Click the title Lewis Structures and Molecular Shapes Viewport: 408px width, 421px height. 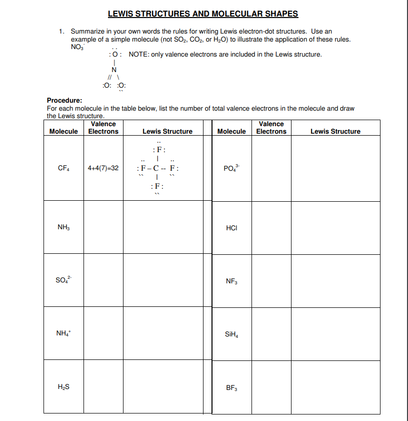[203, 14]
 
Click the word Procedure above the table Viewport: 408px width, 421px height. [64, 100]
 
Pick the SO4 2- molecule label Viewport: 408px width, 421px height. [64, 281]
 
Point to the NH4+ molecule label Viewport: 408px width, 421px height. [64, 334]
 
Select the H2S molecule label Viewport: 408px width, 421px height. [63, 387]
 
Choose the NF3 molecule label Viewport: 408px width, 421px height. [231, 281]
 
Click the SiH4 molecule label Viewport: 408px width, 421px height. [231, 334]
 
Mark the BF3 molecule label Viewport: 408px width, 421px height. [231, 387]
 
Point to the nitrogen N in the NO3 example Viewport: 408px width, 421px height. [114, 70]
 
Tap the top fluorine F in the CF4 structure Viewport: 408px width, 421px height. [158, 150]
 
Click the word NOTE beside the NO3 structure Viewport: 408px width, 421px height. [139, 54]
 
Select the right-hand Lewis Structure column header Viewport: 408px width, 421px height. [335, 132]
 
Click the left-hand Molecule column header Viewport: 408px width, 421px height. [63, 132]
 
